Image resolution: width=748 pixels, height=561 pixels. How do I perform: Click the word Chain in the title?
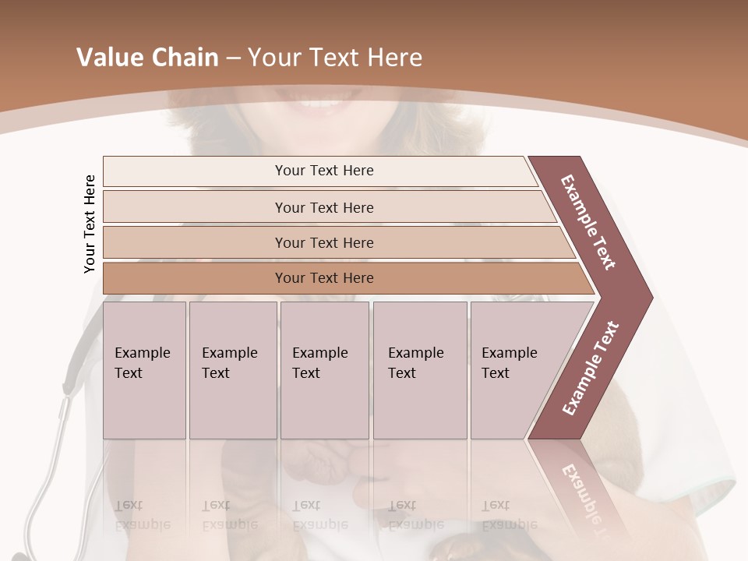tap(184, 58)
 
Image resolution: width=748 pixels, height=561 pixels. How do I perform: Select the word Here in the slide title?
tap(394, 58)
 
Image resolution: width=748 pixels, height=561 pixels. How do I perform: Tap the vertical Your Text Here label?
tap(90, 224)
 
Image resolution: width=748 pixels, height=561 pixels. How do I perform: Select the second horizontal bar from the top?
tap(324, 207)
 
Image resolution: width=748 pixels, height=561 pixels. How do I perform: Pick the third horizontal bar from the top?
tap(324, 242)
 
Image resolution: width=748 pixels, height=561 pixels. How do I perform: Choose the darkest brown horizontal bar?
tap(324, 278)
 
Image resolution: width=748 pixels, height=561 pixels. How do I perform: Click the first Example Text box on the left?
tap(144, 370)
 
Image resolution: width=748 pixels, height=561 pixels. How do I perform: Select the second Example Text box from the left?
tap(232, 370)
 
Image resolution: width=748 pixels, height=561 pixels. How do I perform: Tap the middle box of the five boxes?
tap(324, 370)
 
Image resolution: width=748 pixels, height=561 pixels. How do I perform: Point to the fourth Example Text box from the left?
tap(419, 370)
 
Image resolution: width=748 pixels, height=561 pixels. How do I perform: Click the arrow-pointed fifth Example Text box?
tap(514, 370)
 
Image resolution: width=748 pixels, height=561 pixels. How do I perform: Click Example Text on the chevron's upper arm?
tap(588, 222)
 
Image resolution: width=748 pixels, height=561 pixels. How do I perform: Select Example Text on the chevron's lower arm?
tap(590, 368)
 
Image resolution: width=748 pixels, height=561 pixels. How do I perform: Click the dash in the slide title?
tap(233, 58)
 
